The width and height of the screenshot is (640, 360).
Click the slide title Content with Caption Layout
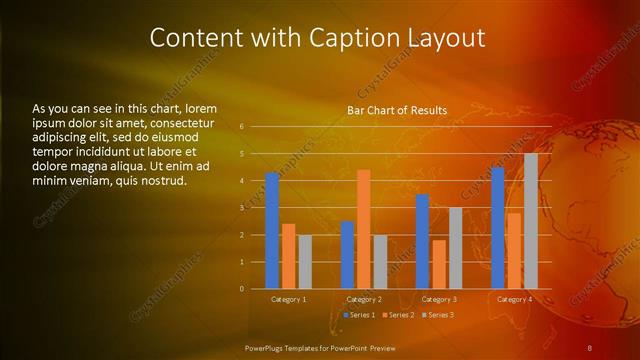[x=317, y=38]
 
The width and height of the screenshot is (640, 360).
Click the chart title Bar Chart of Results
[x=397, y=110]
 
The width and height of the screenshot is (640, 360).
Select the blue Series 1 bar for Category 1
[x=272, y=231]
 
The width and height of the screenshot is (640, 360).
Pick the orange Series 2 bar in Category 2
[x=363, y=229]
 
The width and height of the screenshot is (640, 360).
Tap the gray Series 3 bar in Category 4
[x=530, y=221]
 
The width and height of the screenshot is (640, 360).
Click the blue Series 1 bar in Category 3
[x=422, y=241]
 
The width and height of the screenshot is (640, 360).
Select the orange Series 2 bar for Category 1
[x=288, y=256]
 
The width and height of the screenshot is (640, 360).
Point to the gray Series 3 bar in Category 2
[x=380, y=262]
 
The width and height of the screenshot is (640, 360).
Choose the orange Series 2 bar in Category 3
[x=438, y=264]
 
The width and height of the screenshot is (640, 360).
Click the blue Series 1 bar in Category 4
[x=497, y=228]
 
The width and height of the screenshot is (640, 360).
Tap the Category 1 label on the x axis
[x=289, y=299]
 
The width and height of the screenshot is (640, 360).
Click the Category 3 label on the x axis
[x=438, y=299]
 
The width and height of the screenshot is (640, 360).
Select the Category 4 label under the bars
[x=513, y=299]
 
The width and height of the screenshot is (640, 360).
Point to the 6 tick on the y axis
[x=242, y=127]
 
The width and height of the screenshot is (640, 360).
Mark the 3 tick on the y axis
[x=242, y=208]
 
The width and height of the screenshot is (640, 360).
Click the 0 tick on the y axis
[x=242, y=289]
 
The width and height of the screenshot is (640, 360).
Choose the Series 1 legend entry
[x=361, y=315]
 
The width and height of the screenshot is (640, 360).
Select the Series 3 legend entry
[x=439, y=315]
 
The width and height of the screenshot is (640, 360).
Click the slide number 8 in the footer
[x=590, y=347]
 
